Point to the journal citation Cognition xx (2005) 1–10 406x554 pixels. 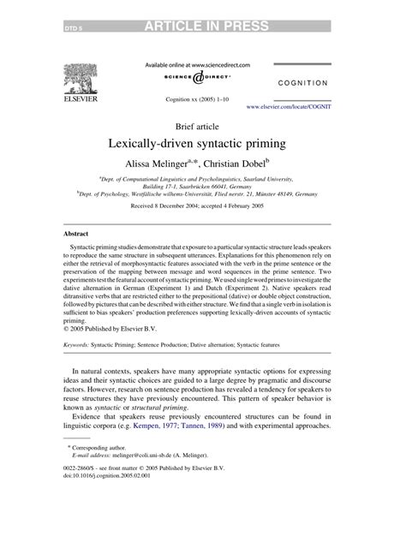click(202, 99)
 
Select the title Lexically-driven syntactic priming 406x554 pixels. click(202, 141)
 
